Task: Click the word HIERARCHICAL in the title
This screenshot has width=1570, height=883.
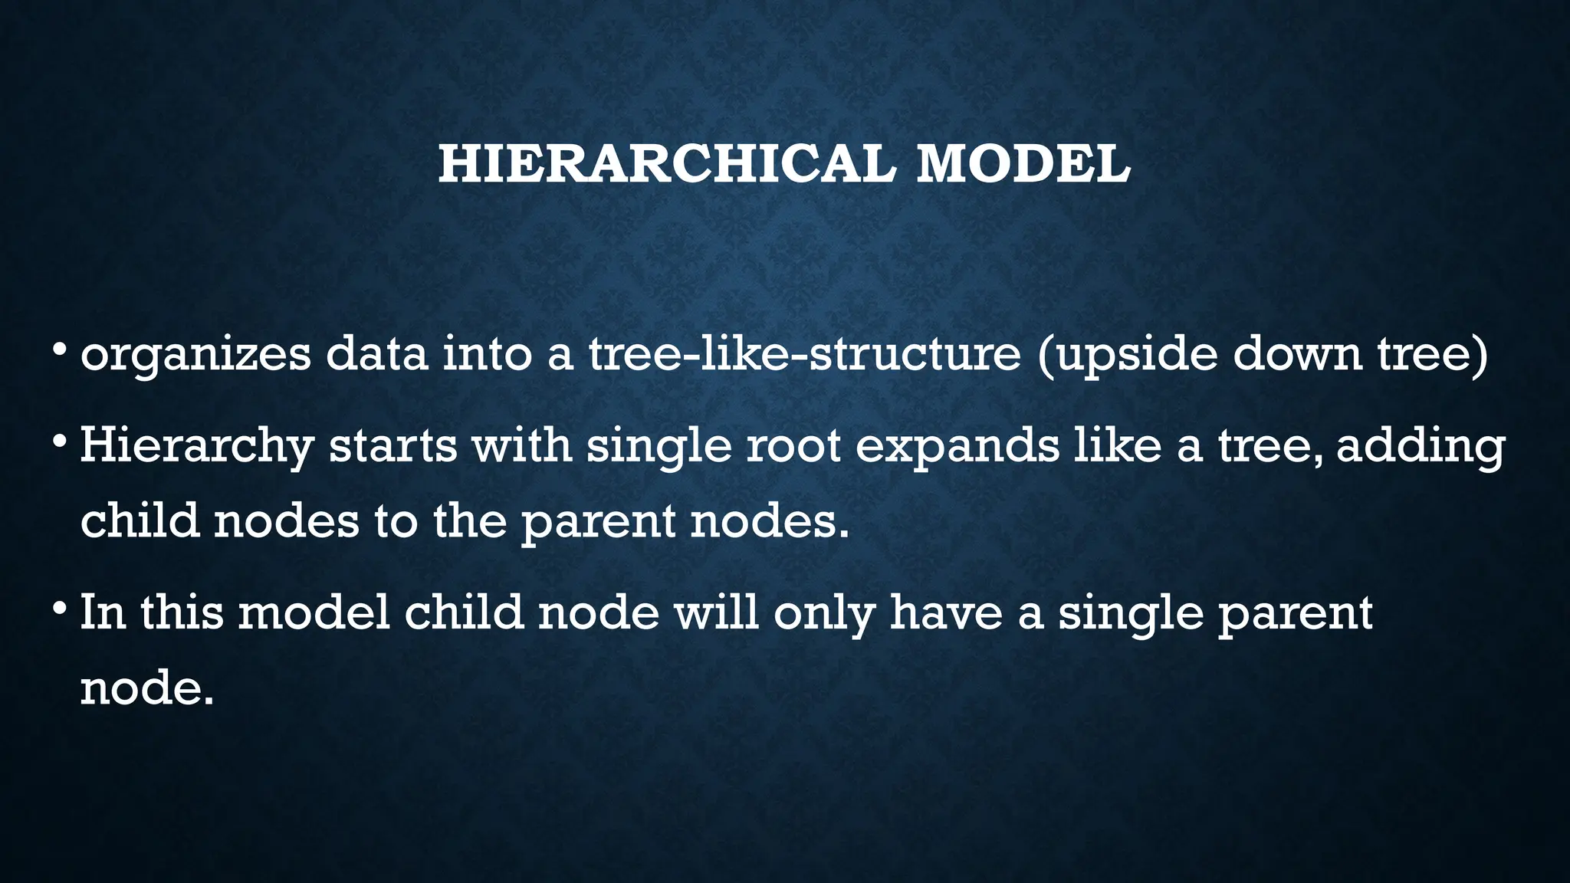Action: tap(665, 164)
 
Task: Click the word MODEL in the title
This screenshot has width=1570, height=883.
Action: tap(1023, 164)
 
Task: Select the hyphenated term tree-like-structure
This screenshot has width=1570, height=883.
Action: tap(804, 354)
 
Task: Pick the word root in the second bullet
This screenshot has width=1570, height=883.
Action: tap(793, 446)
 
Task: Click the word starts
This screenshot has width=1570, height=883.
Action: tap(393, 446)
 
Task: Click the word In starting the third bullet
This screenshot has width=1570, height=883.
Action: tap(103, 612)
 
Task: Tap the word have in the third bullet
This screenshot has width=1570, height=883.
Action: tap(945, 612)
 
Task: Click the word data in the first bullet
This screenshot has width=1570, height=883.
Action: tap(376, 354)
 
